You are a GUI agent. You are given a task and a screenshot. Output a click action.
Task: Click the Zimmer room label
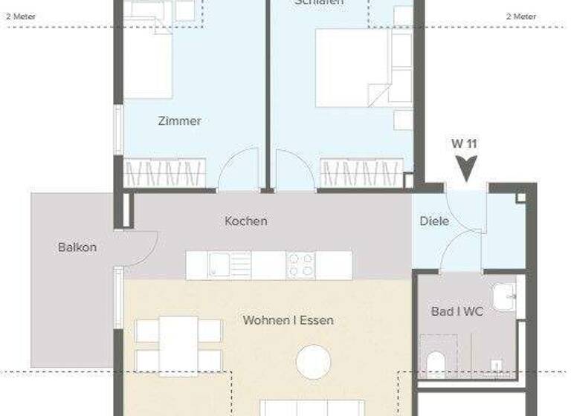point(180,120)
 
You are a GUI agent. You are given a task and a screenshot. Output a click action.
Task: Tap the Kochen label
point(245,221)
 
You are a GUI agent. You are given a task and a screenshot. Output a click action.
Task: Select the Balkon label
point(77,247)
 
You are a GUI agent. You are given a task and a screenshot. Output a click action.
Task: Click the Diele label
point(434,221)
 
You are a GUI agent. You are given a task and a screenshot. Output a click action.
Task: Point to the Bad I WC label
point(457,311)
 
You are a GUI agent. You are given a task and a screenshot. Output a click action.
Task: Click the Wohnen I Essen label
point(288,320)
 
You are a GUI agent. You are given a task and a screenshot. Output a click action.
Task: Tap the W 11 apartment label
point(463,143)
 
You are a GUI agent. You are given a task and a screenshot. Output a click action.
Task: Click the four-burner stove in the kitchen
point(301,265)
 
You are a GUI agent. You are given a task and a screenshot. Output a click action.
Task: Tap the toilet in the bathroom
point(437,363)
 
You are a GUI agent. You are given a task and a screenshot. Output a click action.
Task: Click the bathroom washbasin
point(506,296)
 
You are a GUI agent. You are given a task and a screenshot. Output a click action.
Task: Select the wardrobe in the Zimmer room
point(164,173)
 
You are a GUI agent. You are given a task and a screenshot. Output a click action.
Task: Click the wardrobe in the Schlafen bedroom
point(361,173)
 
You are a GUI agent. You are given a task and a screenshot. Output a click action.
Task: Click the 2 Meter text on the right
point(520,16)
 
